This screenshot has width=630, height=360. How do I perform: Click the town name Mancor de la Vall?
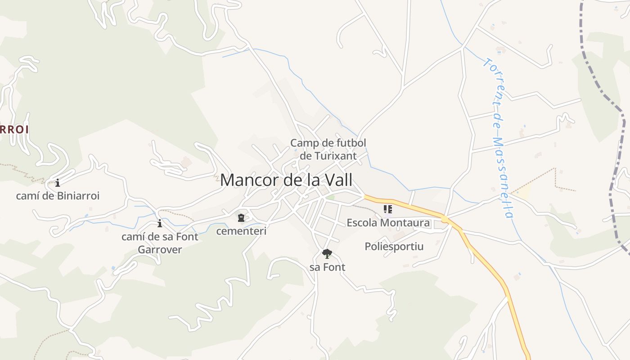(286, 180)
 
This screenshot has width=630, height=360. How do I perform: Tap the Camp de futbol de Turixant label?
(328, 149)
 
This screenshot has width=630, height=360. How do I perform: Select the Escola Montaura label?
(388, 223)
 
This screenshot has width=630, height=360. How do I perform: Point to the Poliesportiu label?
(394, 247)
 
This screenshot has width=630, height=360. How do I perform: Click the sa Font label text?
(327, 267)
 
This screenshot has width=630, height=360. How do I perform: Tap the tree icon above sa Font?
(327, 254)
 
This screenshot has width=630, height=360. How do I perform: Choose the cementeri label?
(241, 231)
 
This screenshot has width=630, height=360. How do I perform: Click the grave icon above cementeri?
(241, 218)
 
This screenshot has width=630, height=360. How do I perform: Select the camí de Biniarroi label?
(58, 196)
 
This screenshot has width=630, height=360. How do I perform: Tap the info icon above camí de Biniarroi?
(58, 183)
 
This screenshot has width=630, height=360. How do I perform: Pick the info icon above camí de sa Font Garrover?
(160, 224)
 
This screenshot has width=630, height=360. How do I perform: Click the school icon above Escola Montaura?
(388, 209)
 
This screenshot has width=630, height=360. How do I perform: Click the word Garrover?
(160, 250)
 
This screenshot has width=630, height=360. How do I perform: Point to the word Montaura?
(404, 223)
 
